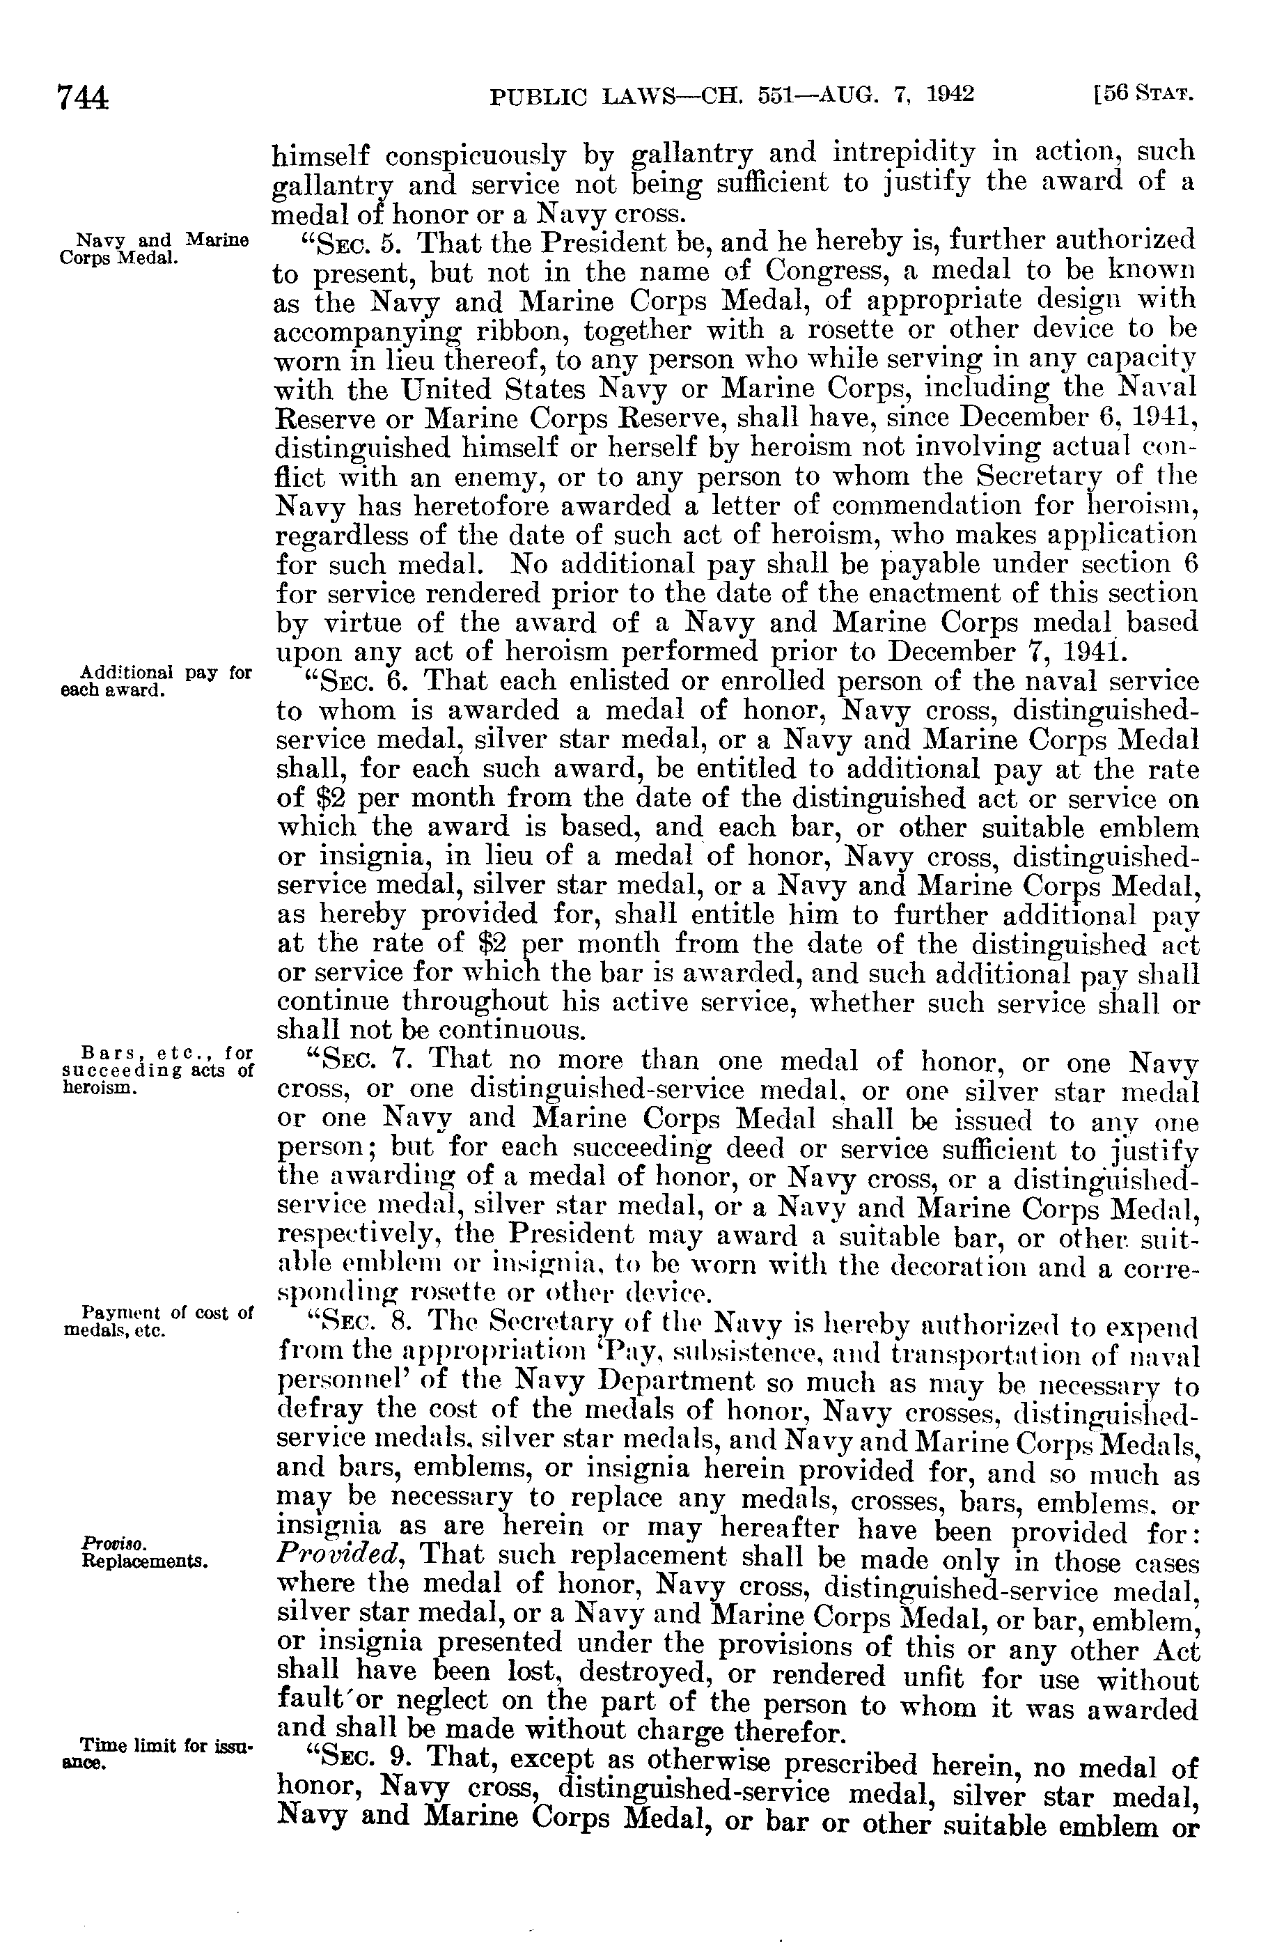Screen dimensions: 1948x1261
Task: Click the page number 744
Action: tap(82, 98)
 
